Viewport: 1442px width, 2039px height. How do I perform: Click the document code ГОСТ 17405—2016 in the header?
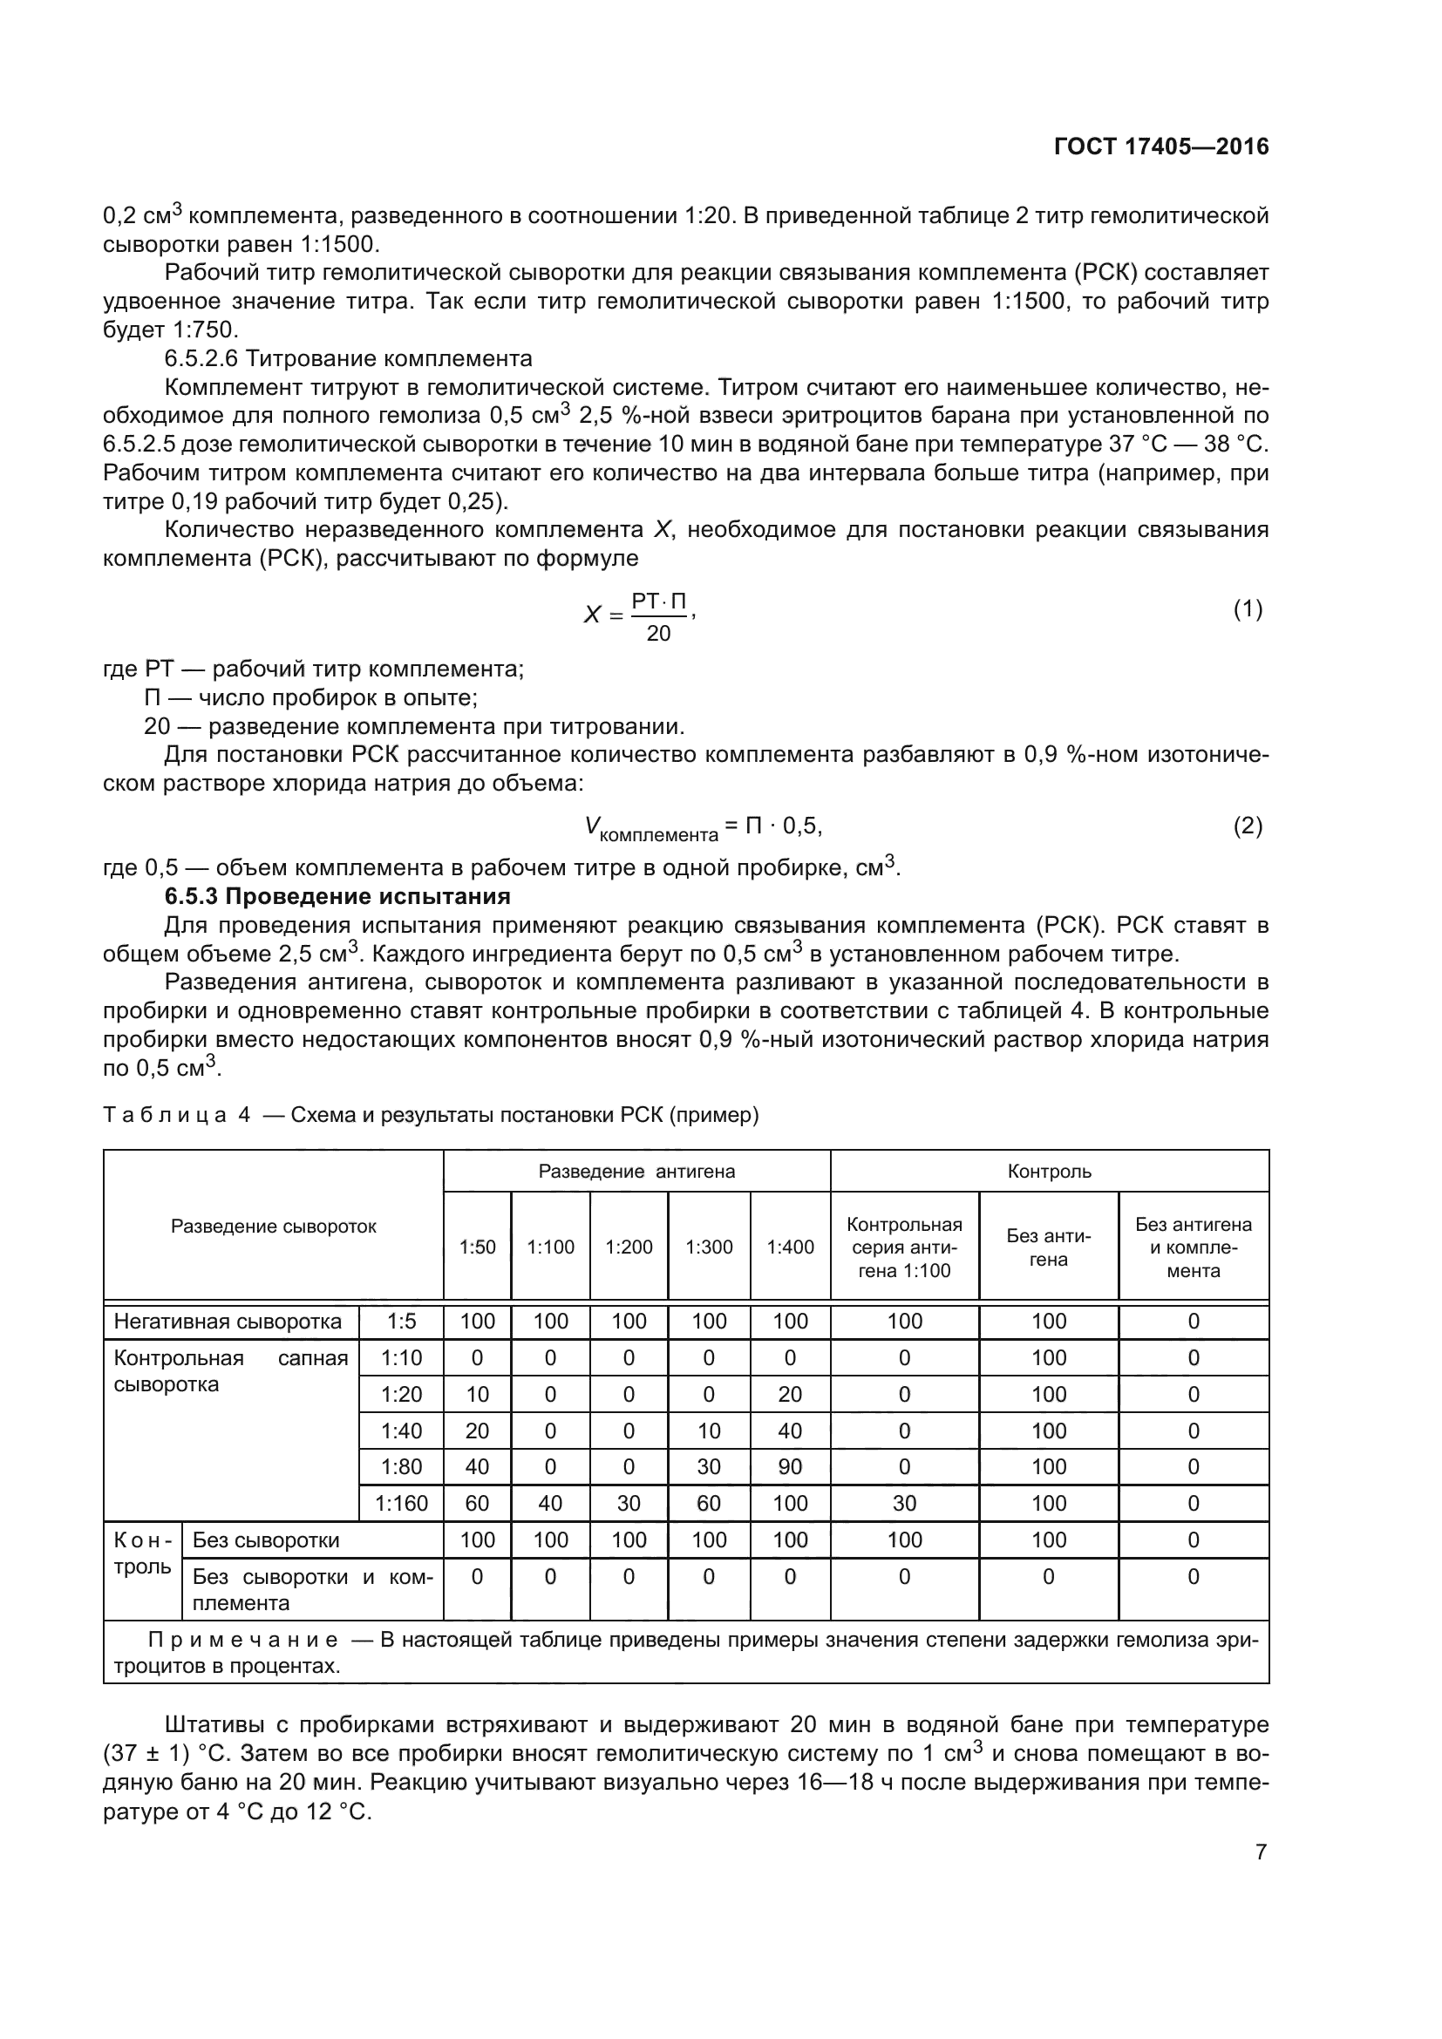tap(1160, 146)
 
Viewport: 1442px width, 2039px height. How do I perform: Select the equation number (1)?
tap(1248, 609)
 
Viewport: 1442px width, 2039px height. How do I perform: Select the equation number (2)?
tap(1248, 826)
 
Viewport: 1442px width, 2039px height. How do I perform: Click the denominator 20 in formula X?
tap(658, 633)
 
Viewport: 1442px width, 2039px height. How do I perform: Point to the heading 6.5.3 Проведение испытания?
tap(337, 896)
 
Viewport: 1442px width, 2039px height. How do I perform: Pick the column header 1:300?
tap(709, 1247)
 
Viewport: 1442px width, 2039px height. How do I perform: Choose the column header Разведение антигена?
tap(636, 1172)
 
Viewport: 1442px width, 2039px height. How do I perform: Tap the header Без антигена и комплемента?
tap(1193, 1247)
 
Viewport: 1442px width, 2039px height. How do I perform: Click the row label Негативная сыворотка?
tap(228, 1322)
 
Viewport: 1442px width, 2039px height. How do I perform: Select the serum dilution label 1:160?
tap(401, 1504)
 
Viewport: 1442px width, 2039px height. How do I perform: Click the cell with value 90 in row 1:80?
tap(789, 1467)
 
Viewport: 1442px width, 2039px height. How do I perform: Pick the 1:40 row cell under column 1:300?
tap(709, 1431)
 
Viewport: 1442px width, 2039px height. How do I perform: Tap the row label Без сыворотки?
tap(266, 1540)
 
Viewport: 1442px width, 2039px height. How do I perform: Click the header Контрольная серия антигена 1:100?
tap(904, 1247)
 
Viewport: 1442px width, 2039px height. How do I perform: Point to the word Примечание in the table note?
tap(243, 1640)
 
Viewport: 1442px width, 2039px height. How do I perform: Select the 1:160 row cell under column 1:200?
tap(629, 1504)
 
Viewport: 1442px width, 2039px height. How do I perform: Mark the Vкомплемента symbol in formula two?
tap(650, 829)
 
